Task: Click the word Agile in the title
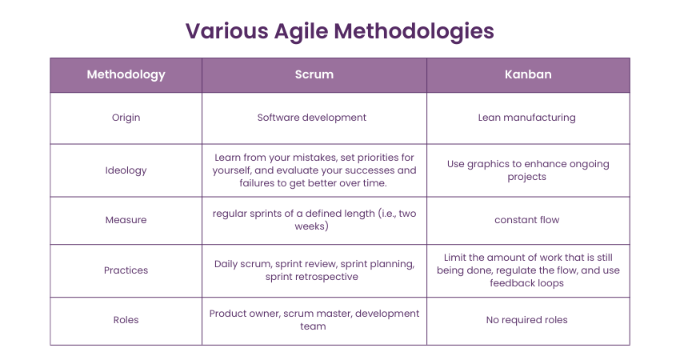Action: [x=301, y=32]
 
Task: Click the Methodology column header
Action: [x=126, y=74]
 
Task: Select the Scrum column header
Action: [x=314, y=74]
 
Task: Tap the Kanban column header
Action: [x=528, y=74]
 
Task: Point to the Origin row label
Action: [x=126, y=118]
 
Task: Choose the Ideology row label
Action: [x=126, y=170]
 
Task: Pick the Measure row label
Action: [x=126, y=220]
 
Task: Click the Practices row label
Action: [x=126, y=270]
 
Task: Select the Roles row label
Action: [x=126, y=320]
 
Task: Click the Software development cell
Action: [x=312, y=118]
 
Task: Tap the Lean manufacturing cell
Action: [x=527, y=118]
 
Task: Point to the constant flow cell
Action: [x=527, y=220]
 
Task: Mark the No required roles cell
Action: [x=527, y=320]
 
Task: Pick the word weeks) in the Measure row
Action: [x=312, y=226]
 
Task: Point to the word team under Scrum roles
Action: [x=313, y=326]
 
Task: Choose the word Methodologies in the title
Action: [x=414, y=32]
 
